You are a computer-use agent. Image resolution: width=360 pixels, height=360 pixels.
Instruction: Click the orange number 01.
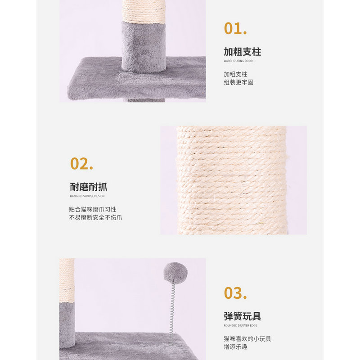pyautogui.click(x=235, y=28)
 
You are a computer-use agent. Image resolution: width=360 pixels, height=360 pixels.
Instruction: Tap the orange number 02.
pyautogui.click(x=81, y=163)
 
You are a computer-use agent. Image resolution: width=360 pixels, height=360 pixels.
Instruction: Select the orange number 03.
pyautogui.click(x=235, y=293)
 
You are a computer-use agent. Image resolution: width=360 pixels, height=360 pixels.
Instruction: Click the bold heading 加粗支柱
pyautogui.click(x=242, y=51)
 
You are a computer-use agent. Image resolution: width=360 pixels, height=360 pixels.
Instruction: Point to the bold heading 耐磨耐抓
pyautogui.click(x=89, y=187)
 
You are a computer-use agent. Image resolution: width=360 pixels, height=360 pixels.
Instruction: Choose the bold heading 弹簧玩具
pyautogui.click(x=242, y=316)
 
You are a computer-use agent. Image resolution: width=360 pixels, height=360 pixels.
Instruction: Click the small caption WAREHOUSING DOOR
pyautogui.click(x=238, y=61)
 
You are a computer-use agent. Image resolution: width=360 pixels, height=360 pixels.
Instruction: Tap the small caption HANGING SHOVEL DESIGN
pyautogui.click(x=87, y=196)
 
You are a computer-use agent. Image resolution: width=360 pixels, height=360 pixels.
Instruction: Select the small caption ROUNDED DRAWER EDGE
pyautogui.click(x=240, y=325)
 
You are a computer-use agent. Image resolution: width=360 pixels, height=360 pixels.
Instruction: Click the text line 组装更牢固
pyautogui.click(x=238, y=82)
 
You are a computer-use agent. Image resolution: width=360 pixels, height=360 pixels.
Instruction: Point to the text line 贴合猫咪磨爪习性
pyautogui.click(x=93, y=209)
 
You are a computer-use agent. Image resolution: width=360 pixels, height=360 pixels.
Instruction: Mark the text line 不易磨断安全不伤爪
pyautogui.click(x=95, y=218)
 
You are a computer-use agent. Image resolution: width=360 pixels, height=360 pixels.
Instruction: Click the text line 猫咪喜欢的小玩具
pyautogui.click(x=247, y=338)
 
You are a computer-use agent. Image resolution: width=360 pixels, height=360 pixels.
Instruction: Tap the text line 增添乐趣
pyautogui.click(x=235, y=347)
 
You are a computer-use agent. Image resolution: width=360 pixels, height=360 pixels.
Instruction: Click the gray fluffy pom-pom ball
pyautogui.click(x=175, y=272)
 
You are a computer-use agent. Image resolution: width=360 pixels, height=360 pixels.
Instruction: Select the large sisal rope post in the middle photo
pyautogui.click(x=232, y=180)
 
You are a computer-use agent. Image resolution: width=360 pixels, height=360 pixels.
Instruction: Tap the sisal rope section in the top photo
pyautogui.click(x=144, y=10)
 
